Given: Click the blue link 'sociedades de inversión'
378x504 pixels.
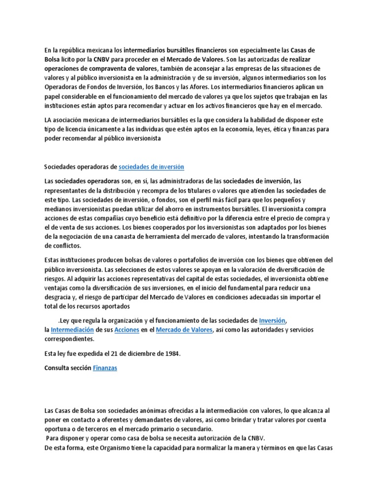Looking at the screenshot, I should pyautogui.click(x=152, y=166).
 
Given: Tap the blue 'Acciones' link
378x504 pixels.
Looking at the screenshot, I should pyautogui.click(x=126, y=329).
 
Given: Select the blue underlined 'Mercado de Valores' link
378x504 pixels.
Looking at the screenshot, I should pyautogui.click(x=185, y=329).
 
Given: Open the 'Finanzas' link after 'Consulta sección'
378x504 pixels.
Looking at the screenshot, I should pyautogui.click(x=105, y=368).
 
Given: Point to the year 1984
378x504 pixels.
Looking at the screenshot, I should pyautogui.click(x=172, y=354).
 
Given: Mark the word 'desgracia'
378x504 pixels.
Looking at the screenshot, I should pyautogui.click(x=59, y=296).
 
